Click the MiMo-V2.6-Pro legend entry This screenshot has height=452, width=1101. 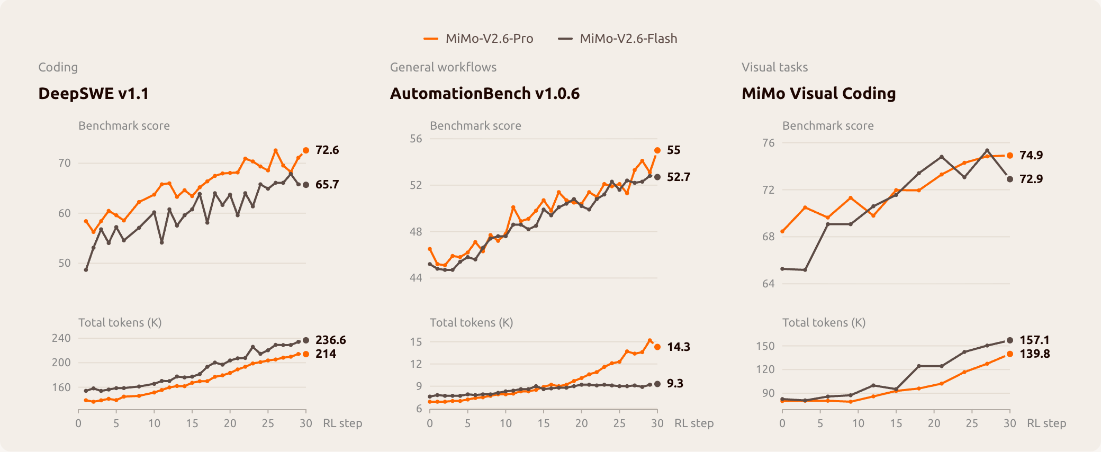coord(479,39)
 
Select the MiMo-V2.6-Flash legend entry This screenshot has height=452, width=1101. coord(618,39)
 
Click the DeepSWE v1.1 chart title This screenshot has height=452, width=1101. coord(93,93)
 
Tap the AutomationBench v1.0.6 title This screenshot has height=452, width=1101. coord(485,93)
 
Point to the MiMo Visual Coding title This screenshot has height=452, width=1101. coord(819,93)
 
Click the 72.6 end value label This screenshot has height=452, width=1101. coord(327,150)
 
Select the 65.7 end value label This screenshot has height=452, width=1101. coord(327,185)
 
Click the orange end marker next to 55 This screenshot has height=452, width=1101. coord(657,150)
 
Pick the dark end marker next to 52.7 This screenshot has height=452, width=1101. coord(657,177)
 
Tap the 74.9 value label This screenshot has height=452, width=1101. coord(1031,156)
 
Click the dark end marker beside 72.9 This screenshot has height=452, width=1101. coord(1010,179)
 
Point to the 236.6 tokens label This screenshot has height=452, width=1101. coord(331,340)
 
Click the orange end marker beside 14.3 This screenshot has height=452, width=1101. coord(657,347)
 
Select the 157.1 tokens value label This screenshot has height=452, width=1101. coord(1034,340)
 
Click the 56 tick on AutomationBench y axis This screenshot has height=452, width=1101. coord(416,139)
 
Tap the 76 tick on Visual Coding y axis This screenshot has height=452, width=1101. coord(769,143)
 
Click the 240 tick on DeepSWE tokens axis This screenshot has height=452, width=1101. coord(61,338)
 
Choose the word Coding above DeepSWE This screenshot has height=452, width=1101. coord(58,68)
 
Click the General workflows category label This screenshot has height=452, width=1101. coord(444,67)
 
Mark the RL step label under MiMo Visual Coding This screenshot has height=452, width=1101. coord(1046,423)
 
